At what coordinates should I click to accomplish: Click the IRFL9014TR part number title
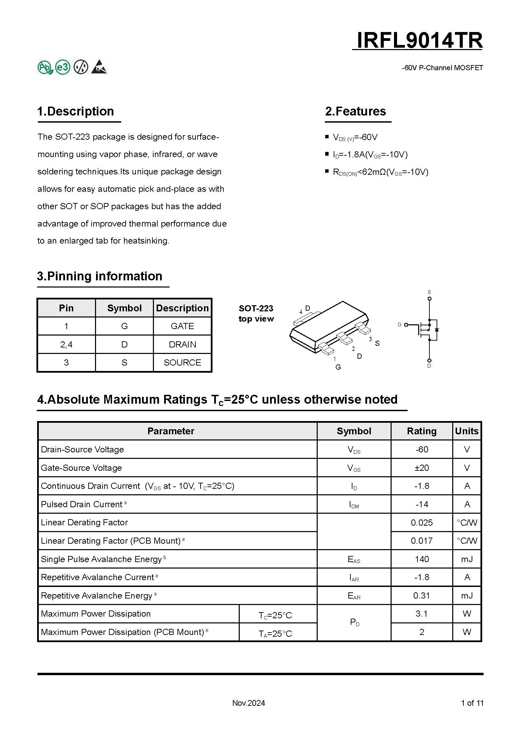(x=419, y=41)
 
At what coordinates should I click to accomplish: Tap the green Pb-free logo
(x=45, y=67)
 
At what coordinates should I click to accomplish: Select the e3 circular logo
(x=63, y=67)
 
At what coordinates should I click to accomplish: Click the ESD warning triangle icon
(x=99, y=67)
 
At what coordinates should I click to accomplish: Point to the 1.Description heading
(x=76, y=111)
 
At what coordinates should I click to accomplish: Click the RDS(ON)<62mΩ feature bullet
(x=380, y=172)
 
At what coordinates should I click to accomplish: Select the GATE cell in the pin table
(x=182, y=326)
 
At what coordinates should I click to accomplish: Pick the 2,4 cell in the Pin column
(x=66, y=344)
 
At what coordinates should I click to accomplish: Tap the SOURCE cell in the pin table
(x=182, y=362)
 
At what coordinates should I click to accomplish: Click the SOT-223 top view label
(x=256, y=313)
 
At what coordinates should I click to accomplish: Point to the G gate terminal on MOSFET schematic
(x=406, y=325)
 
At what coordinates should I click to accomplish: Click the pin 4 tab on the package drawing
(x=307, y=317)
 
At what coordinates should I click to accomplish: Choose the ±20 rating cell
(x=422, y=468)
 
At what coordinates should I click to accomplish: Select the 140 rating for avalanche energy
(x=422, y=559)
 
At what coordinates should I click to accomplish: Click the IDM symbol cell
(x=354, y=505)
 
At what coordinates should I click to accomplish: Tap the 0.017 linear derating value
(x=422, y=541)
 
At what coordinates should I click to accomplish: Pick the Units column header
(x=467, y=431)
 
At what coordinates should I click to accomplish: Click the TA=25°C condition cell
(x=275, y=633)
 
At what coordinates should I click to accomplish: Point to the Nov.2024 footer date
(x=249, y=703)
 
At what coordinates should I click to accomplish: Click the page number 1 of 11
(x=472, y=703)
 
